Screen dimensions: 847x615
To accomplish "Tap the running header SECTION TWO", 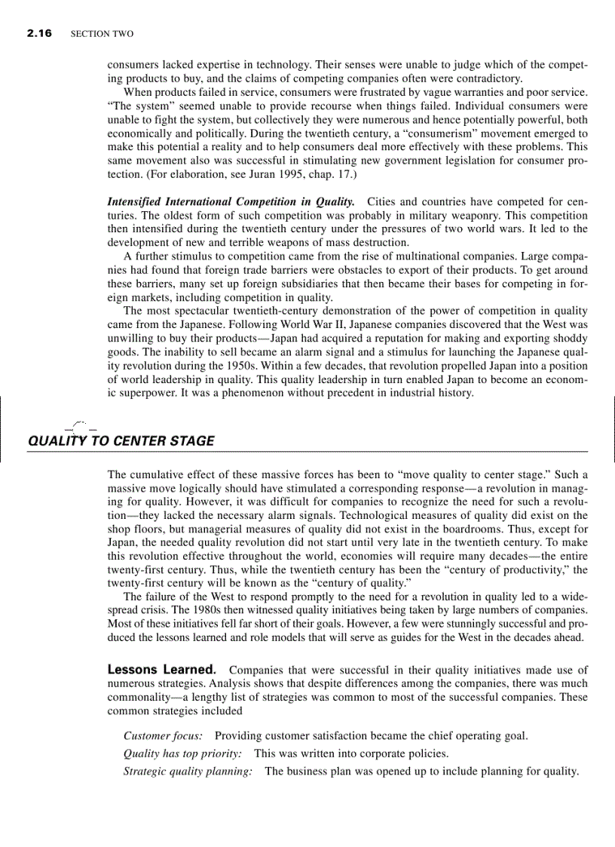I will pyautogui.click(x=102, y=35).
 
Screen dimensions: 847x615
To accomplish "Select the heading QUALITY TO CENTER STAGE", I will pyautogui.click(x=121, y=441).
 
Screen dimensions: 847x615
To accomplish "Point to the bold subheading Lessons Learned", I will pyautogui.click(x=163, y=670).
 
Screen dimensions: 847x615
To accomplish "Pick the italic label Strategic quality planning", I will pyautogui.click(x=188, y=771).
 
